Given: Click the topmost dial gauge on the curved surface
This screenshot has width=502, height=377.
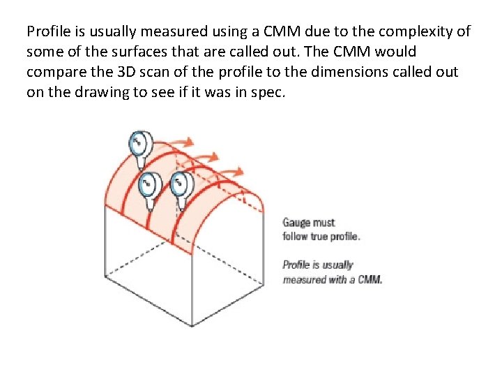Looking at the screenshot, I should [140, 145].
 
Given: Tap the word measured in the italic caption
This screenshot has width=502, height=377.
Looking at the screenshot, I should [305, 279].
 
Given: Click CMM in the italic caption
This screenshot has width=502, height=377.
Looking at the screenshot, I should [370, 279].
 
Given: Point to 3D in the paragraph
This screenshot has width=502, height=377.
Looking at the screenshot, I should [123, 72].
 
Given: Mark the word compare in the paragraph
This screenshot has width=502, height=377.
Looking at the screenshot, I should [52, 72].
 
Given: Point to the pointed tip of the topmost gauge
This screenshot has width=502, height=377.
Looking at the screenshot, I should [142, 169].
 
